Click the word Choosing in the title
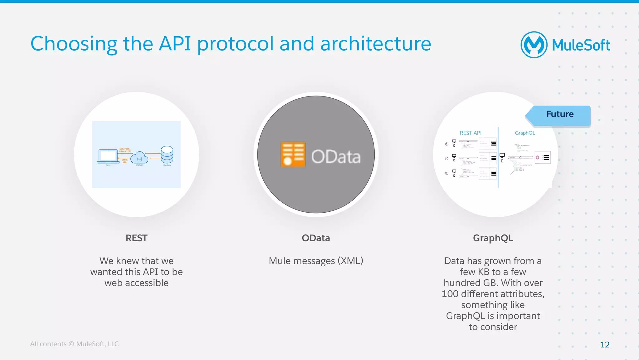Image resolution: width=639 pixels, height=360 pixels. pyautogui.click(x=74, y=44)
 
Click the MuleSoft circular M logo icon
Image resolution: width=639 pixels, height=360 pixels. pyautogui.click(x=534, y=45)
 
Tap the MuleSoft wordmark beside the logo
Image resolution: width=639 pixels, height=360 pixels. pyautogui.click(x=581, y=45)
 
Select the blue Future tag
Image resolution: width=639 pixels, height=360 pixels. pyautogui.click(x=559, y=115)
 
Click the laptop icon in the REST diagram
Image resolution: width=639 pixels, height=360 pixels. pyautogui.click(x=108, y=156)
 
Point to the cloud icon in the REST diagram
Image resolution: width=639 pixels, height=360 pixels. pyautogui.click(x=139, y=157)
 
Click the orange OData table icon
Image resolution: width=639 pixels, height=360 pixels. pyautogui.click(x=293, y=155)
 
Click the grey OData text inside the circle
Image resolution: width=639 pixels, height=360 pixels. pyautogui.click(x=336, y=156)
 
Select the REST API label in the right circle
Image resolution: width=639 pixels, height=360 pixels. pyautogui.click(x=471, y=133)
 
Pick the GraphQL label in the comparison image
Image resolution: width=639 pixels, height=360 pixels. pyautogui.click(x=525, y=133)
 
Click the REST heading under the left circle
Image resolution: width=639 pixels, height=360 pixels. pyautogui.click(x=136, y=238)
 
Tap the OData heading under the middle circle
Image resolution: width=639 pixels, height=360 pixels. pyautogui.click(x=316, y=238)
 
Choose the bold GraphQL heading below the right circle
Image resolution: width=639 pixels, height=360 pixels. pyautogui.click(x=493, y=238)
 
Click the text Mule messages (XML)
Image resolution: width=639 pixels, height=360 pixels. pyautogui.click(x=316, y=261)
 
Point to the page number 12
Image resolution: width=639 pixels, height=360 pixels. pyautogui.click(x=604, y=344)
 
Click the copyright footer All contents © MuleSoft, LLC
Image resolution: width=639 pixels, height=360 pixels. pyautogui.click(x=74, y=344)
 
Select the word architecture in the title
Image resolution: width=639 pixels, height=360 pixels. pyautogui.click(x=376, y=44)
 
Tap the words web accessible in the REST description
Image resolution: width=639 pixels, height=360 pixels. pyautogui.click(x=136, y=283)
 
